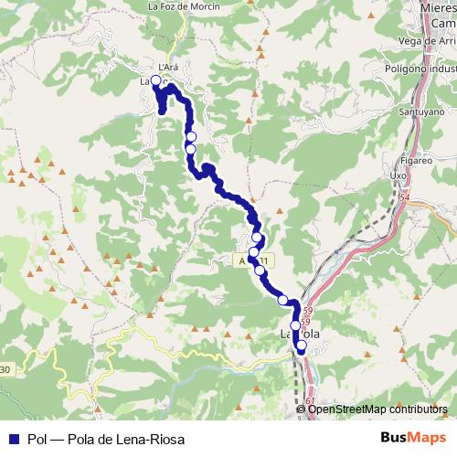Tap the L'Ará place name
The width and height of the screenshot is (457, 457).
[166, 67]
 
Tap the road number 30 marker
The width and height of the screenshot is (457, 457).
[5, 370]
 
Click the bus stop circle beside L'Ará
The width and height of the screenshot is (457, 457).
[156, 80]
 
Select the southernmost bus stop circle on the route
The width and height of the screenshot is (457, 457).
[302, 345]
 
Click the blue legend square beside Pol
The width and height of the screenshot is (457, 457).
[11, 440]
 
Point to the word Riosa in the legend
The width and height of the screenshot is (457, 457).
[167, 440]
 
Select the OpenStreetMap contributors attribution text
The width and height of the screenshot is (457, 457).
[377, 409]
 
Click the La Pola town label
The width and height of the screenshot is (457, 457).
[299, 335]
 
